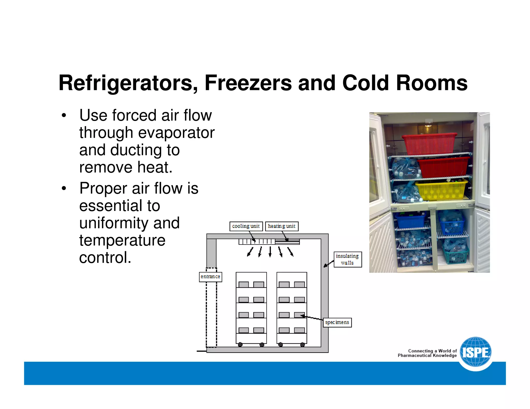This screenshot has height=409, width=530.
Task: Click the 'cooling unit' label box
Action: click(x=246, y=226)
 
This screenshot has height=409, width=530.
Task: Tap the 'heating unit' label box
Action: click(x=282, y=226)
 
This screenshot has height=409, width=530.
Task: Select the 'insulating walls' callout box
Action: click(x=347, y=259)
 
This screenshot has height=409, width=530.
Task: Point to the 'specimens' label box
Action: click(x=337, y=322)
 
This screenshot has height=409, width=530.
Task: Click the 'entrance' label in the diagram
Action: click(x=210, y=277)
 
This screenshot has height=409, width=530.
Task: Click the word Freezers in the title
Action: click(x=248, y=83)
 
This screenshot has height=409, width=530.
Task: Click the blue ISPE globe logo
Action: click(x=476, y=352)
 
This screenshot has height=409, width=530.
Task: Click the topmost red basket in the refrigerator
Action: click(x=429, y=144)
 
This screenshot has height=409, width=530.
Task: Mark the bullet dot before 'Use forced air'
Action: click(x=64, y=115)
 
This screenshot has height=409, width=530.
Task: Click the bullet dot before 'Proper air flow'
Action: click(x=64, y=188)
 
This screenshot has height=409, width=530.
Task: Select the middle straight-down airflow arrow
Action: click(x=270, y=251)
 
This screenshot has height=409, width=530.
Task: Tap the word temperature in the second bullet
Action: click(x=122, y=240)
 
